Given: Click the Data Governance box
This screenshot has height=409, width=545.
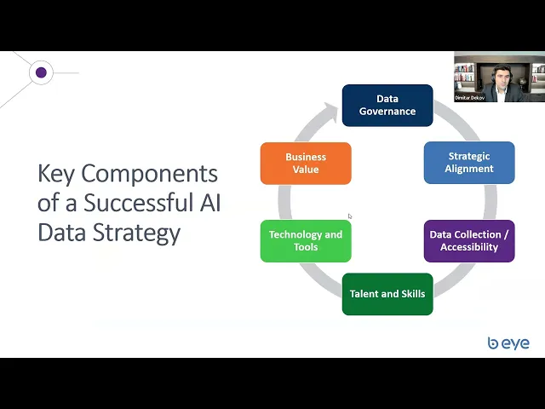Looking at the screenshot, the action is (387, 105).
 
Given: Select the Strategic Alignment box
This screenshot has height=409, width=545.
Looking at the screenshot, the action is (469, 163).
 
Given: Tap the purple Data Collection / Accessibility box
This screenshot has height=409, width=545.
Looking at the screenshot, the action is (469, 241).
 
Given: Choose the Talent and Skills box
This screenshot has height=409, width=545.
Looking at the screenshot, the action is (387, 294).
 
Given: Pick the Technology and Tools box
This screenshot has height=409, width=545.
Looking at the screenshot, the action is (306, 241).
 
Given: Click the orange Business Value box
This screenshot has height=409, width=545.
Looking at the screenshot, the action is (306, 163).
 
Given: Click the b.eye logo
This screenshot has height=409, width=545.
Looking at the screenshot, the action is (508, 343).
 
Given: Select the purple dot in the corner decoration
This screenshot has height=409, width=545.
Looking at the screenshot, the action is (41, 72).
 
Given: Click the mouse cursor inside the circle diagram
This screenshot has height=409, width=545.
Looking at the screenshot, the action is (350, 216).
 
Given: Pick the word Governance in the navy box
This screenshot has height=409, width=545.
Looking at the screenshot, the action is (387, 112).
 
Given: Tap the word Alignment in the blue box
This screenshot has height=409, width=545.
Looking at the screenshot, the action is (469, 169).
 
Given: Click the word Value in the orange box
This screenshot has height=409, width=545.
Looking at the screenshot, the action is (306, 170).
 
